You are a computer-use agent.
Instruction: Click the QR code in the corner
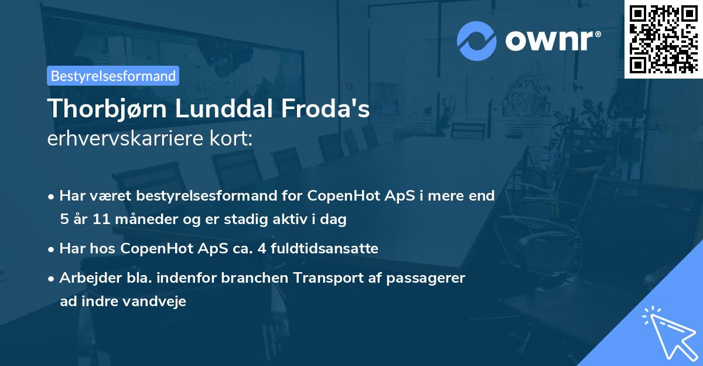tap(663, 39)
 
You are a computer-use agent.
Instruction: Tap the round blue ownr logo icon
tap(477, 40)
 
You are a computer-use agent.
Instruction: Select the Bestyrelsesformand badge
tap(113, 76)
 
